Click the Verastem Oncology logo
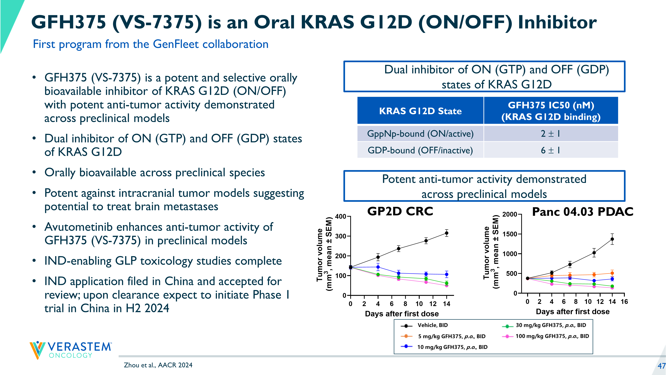[x=70, y=350]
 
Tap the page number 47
[x=661, y=366]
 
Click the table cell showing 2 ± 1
[x=550, y=134]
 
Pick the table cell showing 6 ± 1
[x=550, y=150]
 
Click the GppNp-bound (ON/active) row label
[x=420, y=134]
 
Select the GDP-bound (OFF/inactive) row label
[x=420, y=150]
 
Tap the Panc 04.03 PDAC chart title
[x=582, y=212]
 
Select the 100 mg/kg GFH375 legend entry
[x=552, y=336]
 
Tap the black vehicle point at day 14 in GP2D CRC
[x=446, y=233]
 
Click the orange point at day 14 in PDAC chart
[x=612, y=273]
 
